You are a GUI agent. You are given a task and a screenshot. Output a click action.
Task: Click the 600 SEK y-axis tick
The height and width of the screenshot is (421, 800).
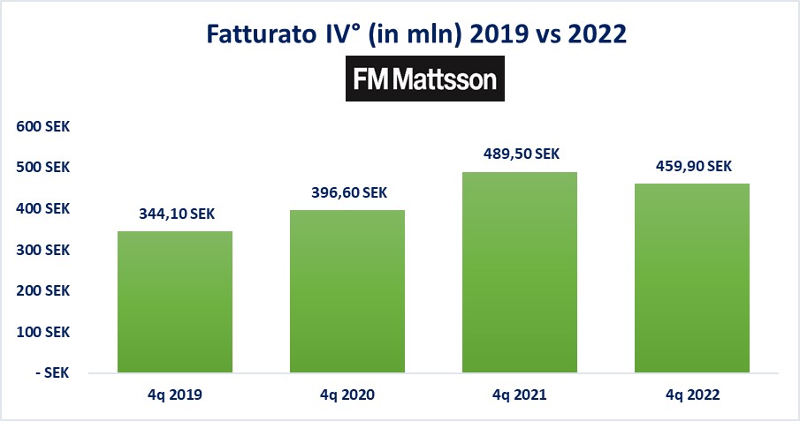click(x=43, y=127)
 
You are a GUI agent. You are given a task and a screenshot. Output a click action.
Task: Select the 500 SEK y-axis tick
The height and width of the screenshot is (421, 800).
click(x=43, y=168)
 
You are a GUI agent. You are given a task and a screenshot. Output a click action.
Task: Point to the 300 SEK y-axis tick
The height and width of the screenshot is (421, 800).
click(x=43, y=250)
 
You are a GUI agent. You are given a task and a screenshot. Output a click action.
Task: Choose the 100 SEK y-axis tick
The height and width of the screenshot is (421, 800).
click(x=43, y=332)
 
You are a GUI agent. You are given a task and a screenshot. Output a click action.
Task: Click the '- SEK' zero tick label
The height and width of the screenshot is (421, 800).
click(x=50, y=372)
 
